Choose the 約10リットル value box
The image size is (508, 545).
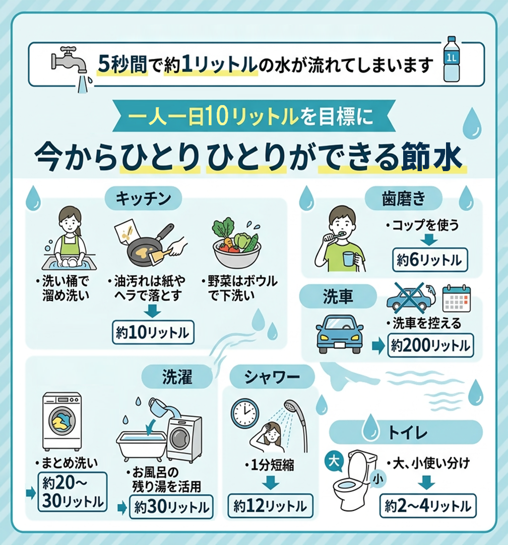(x=153, y=333)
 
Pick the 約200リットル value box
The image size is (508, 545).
(x=430, y=346)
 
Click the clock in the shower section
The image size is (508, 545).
(x=244, y=414)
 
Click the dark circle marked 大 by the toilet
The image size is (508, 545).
(x=332, y=459)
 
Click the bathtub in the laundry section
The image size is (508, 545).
(x=141, y=442)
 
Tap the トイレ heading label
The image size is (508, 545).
(x=406, y=432)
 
